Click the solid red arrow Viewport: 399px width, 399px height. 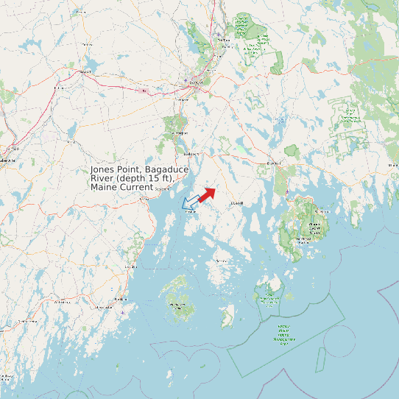pyautogui.click(x=206, y=194)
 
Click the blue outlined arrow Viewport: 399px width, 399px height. pyautogui.click(x=191, y=201)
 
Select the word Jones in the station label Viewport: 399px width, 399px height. pyautogui.click(x=104, y=169)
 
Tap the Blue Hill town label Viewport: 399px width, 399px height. pyautogui.click(x=237, y=202)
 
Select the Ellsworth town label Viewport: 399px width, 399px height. pyautogui.click(x=275, y=162)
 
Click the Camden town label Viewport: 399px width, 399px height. pyautogui.click(x=133, y=266)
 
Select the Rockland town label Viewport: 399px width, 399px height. pyautogui.click(x=120, y=300)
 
